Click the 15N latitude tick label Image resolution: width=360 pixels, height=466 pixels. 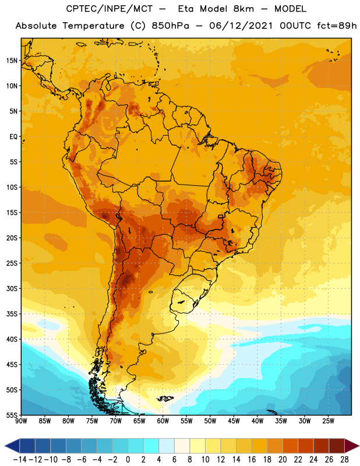(12, 61)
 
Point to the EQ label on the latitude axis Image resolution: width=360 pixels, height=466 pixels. (13, 137)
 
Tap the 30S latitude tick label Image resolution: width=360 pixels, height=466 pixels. (12, 288)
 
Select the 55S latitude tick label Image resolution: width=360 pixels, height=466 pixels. (12, 415)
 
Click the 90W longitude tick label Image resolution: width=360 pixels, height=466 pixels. (21, 421)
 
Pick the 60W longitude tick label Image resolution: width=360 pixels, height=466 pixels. (163, 421)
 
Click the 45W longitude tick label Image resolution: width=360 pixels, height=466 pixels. (234, 421)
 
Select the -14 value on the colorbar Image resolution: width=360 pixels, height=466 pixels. (20, 460)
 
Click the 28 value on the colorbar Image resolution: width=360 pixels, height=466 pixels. (344, 460)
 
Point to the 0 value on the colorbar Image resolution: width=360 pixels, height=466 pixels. (128, 460)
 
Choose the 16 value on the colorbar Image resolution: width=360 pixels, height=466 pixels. (252, 460)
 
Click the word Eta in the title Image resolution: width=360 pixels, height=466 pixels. (186, 9)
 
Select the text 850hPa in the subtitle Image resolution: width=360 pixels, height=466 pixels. (170, 26)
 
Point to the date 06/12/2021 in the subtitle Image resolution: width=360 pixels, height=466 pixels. (241, 26)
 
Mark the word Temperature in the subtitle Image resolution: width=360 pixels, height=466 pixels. (93, 26)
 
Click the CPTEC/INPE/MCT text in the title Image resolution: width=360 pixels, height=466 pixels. (110, 9)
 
